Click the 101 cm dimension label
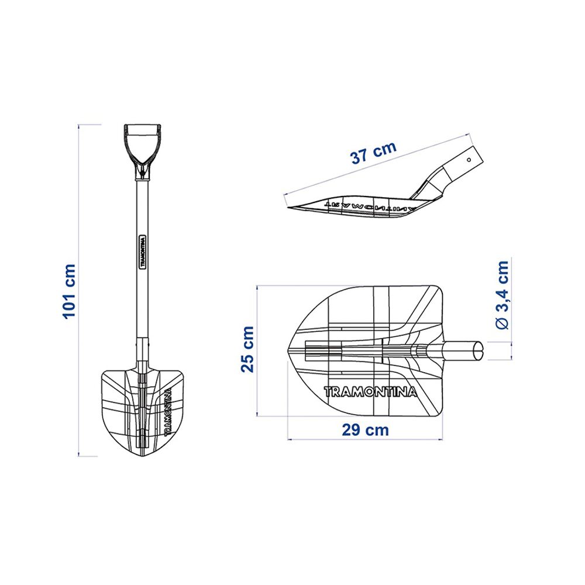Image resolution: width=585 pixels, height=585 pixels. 70,291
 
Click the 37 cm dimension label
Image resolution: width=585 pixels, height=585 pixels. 373,153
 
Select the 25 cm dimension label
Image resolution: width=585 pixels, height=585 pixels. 247,349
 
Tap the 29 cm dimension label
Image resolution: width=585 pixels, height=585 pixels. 365,430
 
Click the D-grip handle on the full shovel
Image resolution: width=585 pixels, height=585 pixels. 142,143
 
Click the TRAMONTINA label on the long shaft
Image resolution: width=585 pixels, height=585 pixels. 142,252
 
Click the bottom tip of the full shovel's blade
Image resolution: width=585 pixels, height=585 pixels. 142,455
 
